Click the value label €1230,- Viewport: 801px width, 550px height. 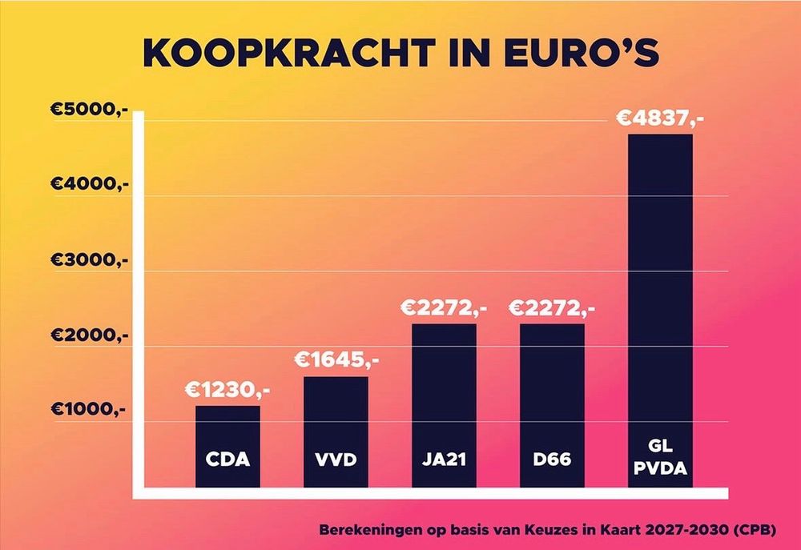point(228,391)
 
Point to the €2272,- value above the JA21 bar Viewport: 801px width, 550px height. point(444,308)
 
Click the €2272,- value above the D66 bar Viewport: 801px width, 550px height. point(553,308)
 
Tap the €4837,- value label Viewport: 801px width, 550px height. point(660,119)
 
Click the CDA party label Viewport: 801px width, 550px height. point(228,461)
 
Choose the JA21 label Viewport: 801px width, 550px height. point(444,461)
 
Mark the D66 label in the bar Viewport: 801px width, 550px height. point(553,461)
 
